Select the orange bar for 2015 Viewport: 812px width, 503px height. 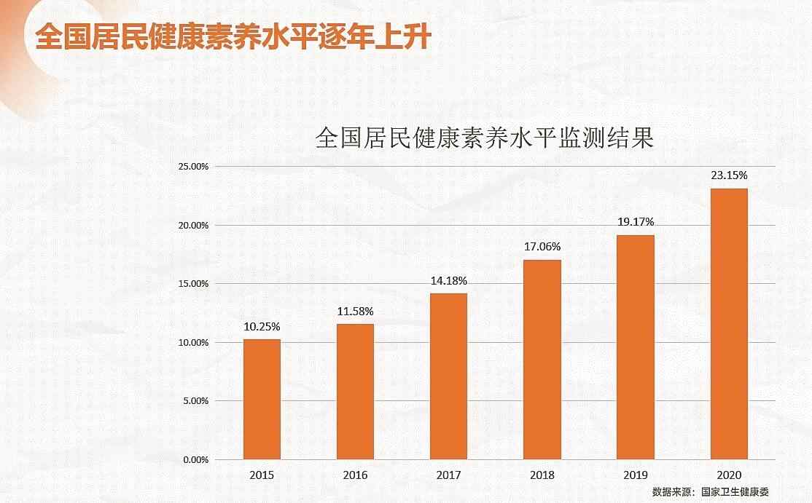point(262,399)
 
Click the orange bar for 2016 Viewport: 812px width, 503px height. point(355,392)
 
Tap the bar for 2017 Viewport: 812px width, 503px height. point(448,376)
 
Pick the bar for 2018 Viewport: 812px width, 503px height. point(542,360)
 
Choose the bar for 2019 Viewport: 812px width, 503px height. point(636,347)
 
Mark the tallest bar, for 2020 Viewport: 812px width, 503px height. point(729,324)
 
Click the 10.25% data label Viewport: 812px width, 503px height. point(262,326)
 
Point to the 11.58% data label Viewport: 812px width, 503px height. point(355,312)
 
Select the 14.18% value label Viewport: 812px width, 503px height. point(448,281)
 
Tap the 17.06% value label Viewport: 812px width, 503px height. point(542,247)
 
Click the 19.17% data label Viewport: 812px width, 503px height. point(636,221)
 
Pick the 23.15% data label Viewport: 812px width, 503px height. point(729,175)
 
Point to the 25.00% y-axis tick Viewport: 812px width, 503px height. point(192,167)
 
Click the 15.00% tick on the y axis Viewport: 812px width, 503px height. point(192,284)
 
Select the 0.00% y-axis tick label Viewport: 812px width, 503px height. point(195,459)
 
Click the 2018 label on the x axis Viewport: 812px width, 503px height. point(542,475)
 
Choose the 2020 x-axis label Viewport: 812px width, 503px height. point(729,475)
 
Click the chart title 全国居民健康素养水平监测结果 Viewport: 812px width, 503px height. point(484,138)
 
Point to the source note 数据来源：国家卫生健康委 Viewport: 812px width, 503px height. point(710,492)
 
